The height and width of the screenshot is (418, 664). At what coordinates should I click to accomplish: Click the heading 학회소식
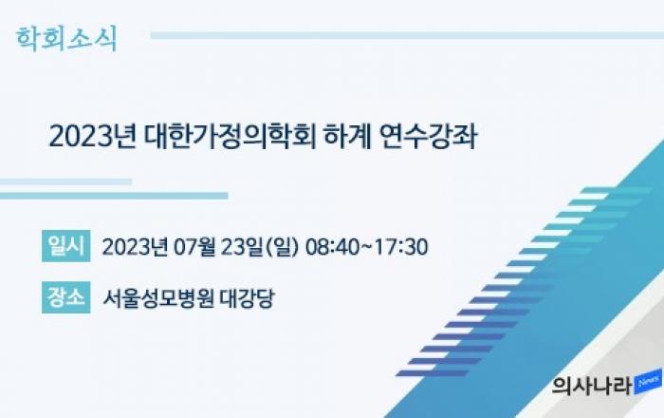click(x=66, y=39)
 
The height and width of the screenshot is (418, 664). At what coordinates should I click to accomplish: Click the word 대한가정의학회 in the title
click(x=230, y=137)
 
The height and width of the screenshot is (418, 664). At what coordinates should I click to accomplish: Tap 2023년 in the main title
click(x=92, y=137)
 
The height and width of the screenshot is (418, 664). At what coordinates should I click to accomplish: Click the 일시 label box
click(x=66, y=246)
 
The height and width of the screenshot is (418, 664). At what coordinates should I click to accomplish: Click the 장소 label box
click(x=66, y=297)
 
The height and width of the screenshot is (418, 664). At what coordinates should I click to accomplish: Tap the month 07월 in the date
click(x=194, y=247)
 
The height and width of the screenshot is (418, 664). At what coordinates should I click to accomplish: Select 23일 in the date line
click(x=242, y=247)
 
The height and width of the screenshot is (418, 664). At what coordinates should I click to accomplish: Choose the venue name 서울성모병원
click(x=158, y=298)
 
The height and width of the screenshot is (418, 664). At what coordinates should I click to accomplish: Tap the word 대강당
click(x=248, y=298)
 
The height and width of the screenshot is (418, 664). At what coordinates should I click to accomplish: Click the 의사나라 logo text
click(x=592, y=386)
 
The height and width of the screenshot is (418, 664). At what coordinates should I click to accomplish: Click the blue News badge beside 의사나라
click(x=648, y=382)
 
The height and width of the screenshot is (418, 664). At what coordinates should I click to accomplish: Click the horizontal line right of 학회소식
click(x=407, y=35)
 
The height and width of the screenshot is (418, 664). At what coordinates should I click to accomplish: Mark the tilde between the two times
click(x=367, y=247)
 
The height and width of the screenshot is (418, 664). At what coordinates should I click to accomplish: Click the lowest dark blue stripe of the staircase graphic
click(x=432, y=373)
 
